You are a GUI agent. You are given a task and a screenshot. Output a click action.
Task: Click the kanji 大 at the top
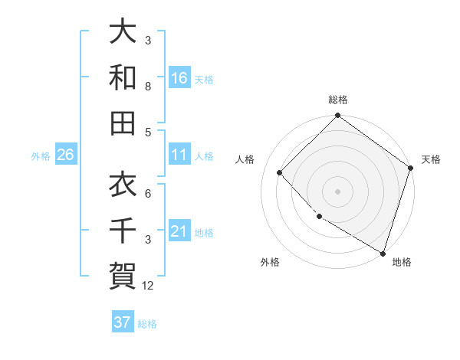[123, 31]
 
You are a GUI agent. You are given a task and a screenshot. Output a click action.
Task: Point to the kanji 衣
[123, 185]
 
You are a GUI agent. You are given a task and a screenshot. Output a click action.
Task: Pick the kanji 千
[123, 230]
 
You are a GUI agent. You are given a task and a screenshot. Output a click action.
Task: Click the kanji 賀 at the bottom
[123, 275]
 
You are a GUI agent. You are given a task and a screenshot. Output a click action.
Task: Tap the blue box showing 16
[179, 77]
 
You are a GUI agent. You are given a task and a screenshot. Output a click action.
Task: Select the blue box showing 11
[179, 155]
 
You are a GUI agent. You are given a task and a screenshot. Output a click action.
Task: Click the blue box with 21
[179, 231]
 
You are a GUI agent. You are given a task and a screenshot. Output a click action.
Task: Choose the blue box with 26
[66, 155]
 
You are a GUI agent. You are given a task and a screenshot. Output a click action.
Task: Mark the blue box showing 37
[123, 322]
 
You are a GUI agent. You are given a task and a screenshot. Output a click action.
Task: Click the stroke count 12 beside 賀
[149, 286]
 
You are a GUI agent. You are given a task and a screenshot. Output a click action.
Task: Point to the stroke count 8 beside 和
[148, 87]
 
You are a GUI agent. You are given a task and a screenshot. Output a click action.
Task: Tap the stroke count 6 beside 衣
[148, 194]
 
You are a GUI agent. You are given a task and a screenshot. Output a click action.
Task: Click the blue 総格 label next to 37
[147, 324]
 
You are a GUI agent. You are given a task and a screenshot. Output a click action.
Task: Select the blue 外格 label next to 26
[41, 156]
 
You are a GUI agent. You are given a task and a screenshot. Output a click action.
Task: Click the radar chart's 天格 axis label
[431, 159]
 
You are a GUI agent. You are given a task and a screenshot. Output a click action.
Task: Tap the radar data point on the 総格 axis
[337, 116]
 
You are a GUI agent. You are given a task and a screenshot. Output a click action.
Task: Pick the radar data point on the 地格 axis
[383, 252]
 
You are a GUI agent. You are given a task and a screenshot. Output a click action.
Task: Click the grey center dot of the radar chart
[337, 191]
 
